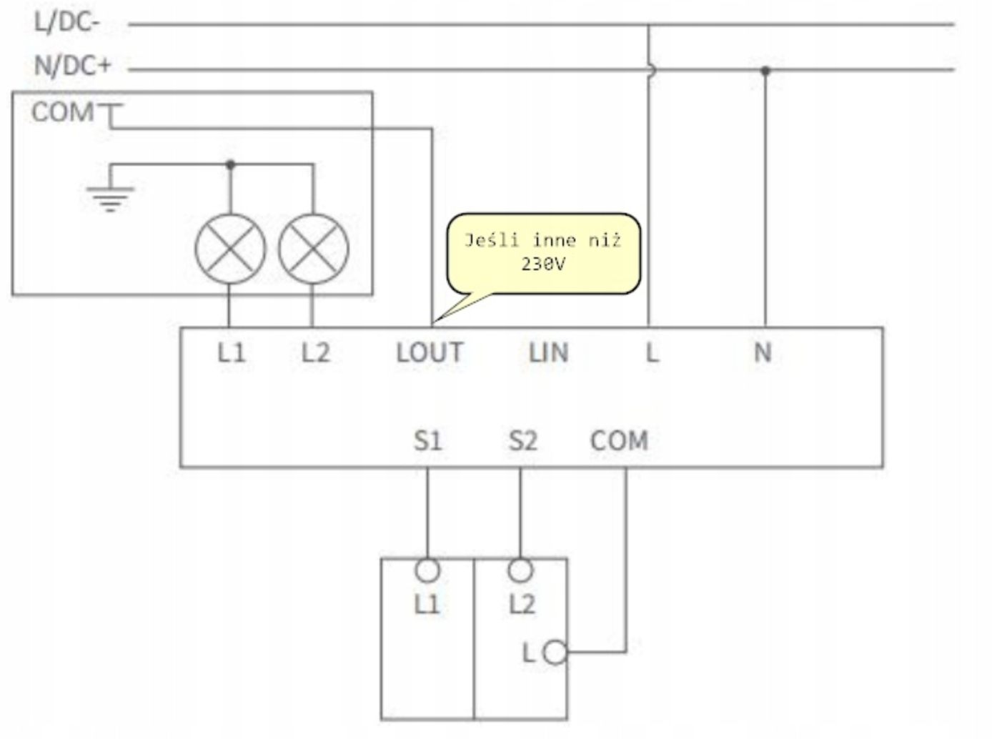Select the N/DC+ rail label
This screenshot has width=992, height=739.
pos(73,66)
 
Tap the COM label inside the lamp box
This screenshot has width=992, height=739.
pos(63,111)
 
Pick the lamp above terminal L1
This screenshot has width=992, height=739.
pos(230,249)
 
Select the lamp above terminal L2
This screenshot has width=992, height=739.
pos(314,249)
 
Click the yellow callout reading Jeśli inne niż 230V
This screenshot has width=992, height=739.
pos(543,254)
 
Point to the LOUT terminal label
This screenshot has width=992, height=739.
pos(430,352)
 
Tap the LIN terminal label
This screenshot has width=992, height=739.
pos(549,352)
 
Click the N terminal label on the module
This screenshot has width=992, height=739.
pos(763,352)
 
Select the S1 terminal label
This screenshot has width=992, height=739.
pos(428,441)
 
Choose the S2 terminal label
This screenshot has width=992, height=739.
pos(523,441)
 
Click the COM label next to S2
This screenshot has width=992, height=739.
pos(619,441)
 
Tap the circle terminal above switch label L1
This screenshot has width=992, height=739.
pos(427,570)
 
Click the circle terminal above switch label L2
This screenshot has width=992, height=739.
pos(520,570)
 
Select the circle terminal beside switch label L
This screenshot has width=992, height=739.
pos(555,653)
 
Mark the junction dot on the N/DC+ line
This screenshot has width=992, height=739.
pos(765,70)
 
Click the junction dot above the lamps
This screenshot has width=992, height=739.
pos(230,164)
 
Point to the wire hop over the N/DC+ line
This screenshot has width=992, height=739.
pos(652,70)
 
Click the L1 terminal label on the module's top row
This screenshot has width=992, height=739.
pos(232,352)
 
